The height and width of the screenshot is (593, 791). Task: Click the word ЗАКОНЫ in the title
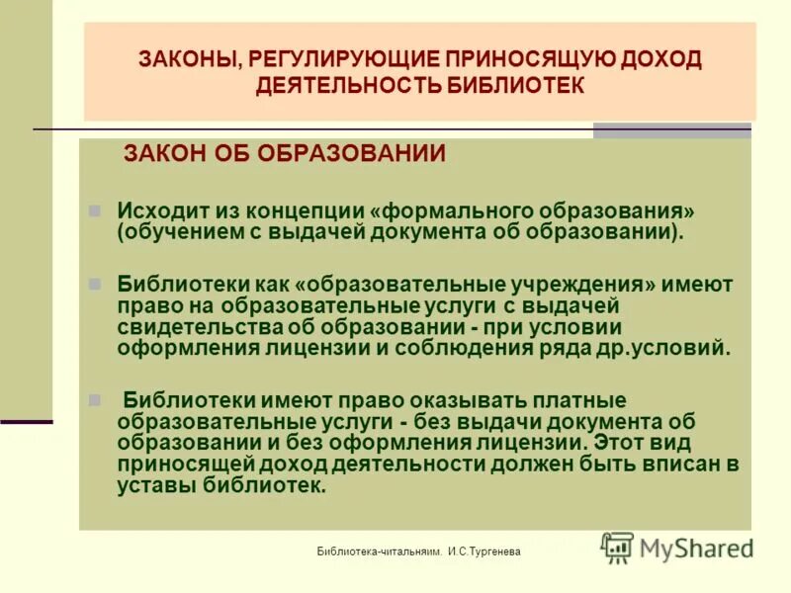(188, 59)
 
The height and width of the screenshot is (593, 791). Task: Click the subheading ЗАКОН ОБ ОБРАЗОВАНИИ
(284, 154)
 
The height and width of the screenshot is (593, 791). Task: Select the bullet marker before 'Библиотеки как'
(95, 283)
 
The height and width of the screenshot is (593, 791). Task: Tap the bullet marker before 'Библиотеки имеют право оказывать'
(95, 401)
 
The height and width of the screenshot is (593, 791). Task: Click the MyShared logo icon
(618, 547)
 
